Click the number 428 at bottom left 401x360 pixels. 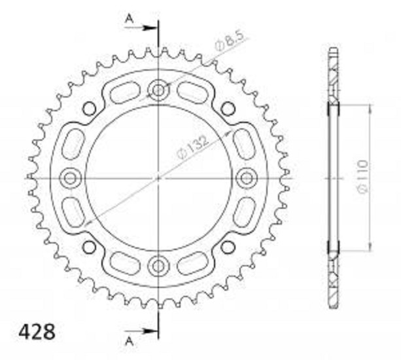click(37, 332)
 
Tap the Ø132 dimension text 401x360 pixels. click(193, 149)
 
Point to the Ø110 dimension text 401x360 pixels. click(363, 177)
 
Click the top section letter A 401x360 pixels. click(130, 19)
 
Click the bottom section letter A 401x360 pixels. click(130, 341)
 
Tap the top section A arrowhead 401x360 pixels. click(150, 27)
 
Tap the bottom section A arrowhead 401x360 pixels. click(150, 331)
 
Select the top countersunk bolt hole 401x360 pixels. click(158, 90)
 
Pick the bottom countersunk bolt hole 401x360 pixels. click(158, 266)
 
